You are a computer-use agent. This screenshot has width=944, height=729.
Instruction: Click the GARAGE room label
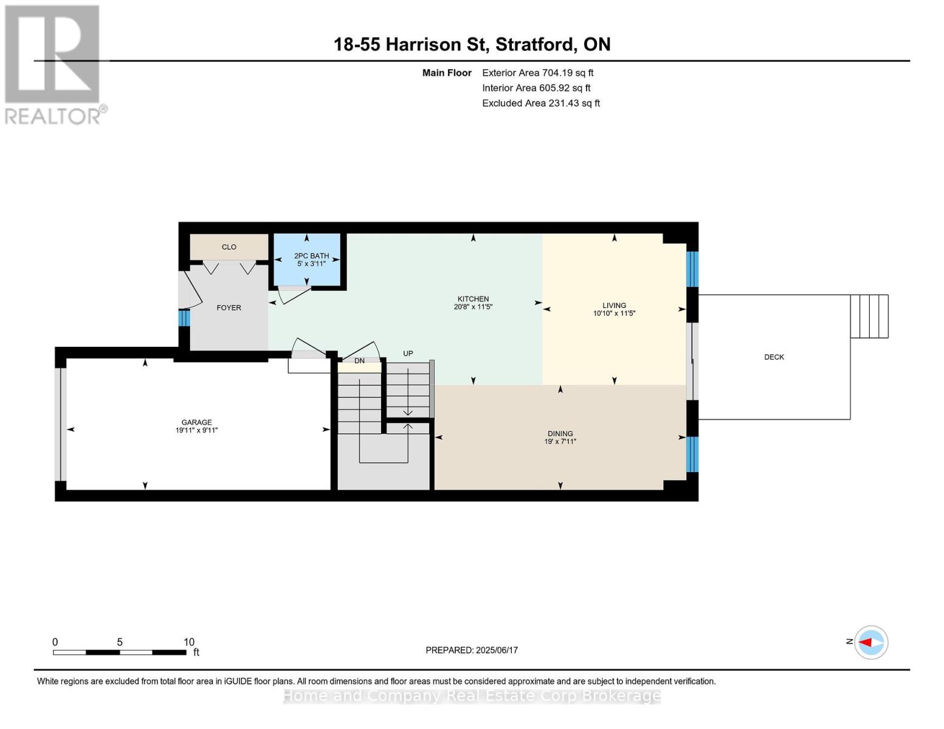[197, 422]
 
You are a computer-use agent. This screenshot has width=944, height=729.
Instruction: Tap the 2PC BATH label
[311, 256]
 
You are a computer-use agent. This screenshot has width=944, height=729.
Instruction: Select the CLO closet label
[229, 247]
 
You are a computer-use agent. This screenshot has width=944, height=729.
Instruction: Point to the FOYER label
[229, 308]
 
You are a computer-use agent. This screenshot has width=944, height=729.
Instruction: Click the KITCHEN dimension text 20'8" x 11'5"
[473, 307]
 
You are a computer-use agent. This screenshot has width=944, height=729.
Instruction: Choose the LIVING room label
[615, 305]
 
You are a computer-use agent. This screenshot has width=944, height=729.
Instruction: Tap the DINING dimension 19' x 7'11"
[560, 442]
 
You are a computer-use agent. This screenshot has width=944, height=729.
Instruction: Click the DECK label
[774, 357]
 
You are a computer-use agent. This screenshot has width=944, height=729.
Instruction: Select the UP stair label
[408, 354]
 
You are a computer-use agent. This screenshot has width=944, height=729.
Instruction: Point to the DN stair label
[359, 361]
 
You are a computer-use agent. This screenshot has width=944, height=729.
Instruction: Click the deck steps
[869, 316]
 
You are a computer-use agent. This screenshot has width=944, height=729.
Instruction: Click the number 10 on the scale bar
[189, 642]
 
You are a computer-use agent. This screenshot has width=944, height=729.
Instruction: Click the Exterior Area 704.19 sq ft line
[538, 73]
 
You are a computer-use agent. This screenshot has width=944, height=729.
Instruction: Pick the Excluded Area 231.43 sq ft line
[541, 103]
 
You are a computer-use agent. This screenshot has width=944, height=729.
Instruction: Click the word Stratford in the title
[536, 44]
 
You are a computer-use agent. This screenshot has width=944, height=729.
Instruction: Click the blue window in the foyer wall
[184, 318]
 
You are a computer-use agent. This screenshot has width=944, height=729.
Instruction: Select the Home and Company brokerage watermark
[472, 696]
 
